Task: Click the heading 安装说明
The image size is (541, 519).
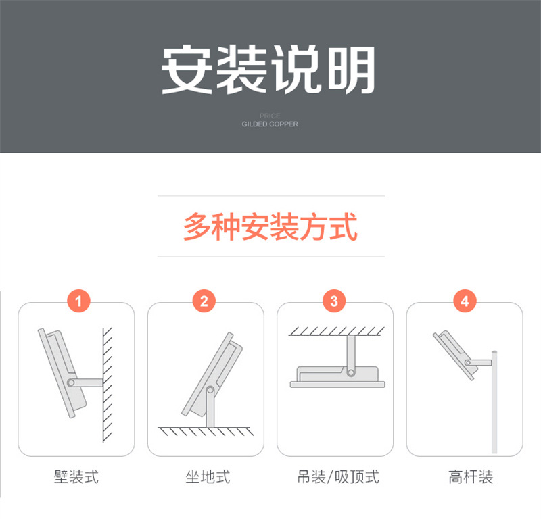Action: [268, 70]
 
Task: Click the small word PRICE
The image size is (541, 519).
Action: [270, 116]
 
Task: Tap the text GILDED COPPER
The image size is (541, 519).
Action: [270, 124]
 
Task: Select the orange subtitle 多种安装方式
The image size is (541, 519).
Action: [270, 226]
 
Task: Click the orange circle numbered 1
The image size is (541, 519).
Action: [78, 301]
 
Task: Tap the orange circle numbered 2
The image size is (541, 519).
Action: [204, 301]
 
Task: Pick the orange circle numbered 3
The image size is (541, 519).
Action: [334, 301]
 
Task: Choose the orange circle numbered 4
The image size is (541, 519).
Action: [465, 301]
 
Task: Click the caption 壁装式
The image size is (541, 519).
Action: [76, 477]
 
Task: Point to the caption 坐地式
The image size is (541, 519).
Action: [208, 477]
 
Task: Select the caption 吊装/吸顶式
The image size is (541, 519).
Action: [338, 477]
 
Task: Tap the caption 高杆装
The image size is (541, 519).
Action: [471, 477]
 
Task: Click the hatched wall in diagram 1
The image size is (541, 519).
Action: [108, 385]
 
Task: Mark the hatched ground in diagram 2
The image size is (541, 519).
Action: [206, 431]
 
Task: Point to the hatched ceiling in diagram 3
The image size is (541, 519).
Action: [336, 331]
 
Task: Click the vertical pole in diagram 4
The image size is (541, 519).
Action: [494, 401]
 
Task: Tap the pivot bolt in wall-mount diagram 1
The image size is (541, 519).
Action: [71, 382]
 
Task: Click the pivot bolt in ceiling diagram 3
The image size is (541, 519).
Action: [351, 373]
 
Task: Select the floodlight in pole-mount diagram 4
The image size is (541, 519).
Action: [455, 355]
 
